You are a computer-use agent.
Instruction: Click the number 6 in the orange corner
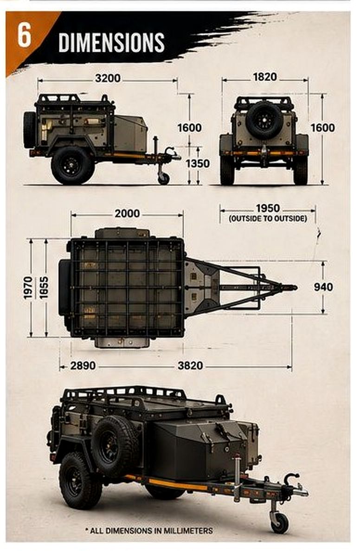(24, 37)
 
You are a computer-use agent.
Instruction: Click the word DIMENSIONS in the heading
(111, 43)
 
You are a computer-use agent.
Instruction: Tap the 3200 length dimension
(108, 78)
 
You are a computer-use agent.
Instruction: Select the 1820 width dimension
(265, 77)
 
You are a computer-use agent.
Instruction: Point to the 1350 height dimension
(198, 164)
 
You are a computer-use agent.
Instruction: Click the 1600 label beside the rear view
(323, 128)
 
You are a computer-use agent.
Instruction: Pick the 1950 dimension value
(268, 208)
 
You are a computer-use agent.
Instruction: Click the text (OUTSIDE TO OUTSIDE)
(268, 218)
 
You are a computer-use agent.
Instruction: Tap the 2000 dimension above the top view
(127, 214)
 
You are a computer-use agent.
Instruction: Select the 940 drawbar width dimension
(323, 287)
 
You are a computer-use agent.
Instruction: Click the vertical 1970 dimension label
(28, 288)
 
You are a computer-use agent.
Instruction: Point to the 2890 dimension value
(83, 366)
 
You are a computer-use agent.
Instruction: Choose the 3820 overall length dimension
(190, 366)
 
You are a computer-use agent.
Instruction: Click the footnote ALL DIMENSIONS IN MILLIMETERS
(149, 531)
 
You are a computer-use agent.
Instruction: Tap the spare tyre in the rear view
(264, 120)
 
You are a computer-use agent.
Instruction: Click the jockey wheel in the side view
(163, 178)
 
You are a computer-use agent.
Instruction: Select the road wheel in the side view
(73, 165)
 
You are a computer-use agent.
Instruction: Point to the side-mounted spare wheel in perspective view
(114, 446)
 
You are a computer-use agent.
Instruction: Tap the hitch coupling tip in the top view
(295, 288)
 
